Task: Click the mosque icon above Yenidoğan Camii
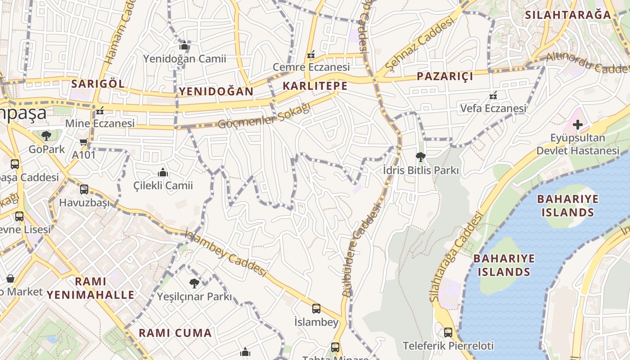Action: click(184, 46)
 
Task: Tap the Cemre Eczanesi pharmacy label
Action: click(311, 67)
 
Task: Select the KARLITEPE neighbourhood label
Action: click(315, 86)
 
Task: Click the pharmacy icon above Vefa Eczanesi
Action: click(493, 96)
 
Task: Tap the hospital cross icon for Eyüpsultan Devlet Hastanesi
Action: click(578, 125)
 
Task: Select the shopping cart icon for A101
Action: click(84, 142)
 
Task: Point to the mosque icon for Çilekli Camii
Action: click(163, 173)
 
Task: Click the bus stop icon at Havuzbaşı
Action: click(84, 189)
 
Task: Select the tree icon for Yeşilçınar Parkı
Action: click(194, 283)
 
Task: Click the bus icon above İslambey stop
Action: click(316, 309)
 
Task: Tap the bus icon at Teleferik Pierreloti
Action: click(448, 333)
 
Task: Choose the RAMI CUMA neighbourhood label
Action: click(175, 333)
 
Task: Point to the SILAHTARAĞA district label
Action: click(568, 15)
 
